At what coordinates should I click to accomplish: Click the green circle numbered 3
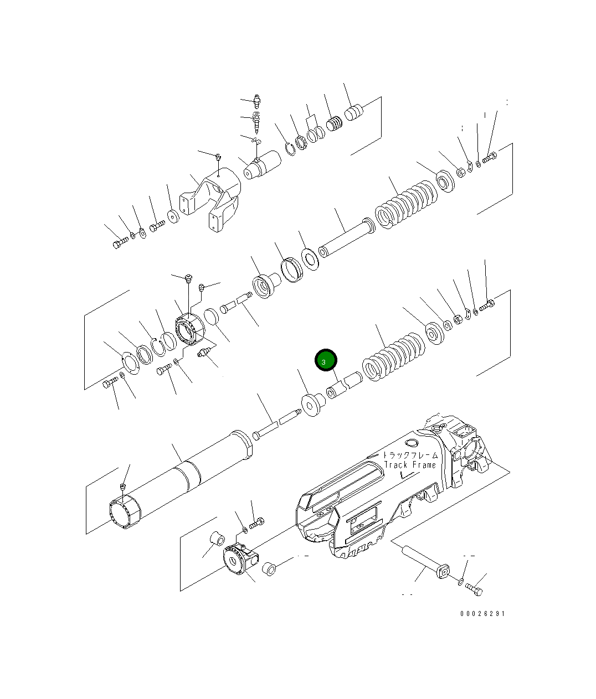click(x=326, y=360)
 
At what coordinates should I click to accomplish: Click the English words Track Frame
click(x=410, y=465)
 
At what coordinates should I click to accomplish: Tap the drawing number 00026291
click(x=482, y=613)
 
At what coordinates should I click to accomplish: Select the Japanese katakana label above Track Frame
click(x=410, y=455)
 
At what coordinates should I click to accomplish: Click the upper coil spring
click(x=405, y=204)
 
